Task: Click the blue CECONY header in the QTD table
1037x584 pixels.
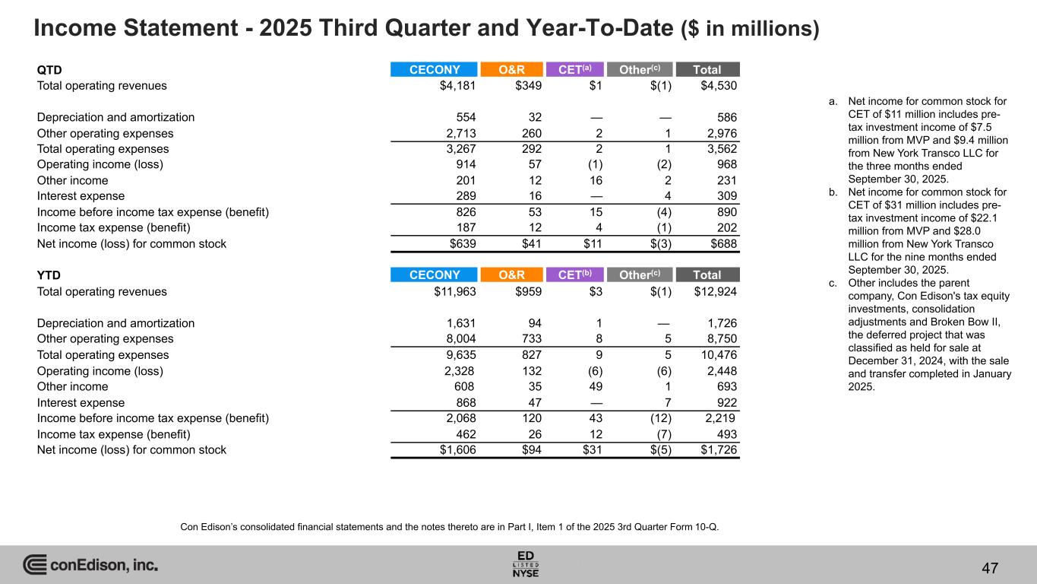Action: [x=434, y=69]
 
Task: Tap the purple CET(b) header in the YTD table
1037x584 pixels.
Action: [x=575, y=275]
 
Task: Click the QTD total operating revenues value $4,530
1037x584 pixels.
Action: [x=718, y=86]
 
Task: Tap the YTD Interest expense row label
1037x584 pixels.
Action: [x=81, y=403]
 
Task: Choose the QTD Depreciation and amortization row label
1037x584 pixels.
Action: [x=115, y=117]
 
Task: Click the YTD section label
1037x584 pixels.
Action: [x=49, y=275]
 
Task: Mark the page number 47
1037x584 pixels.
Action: [x=989, y=567]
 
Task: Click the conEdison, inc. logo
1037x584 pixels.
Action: [x=90, y=565]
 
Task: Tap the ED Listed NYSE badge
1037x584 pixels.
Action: [x=526, y=563]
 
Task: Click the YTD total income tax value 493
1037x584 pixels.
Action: [x=725, y=434]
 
